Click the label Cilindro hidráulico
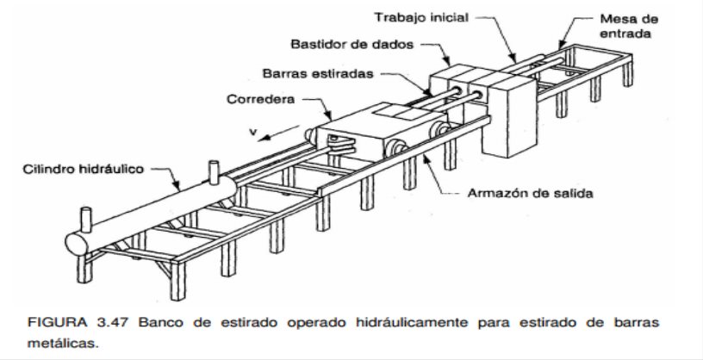click(x=84, y=169)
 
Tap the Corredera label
click(x=260, y=99)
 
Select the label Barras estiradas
click(x=318, y=73)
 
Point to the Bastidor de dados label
click(x=352, y=45)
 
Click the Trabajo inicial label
click(x=421, y=18)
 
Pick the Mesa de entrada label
click(x=629, y=26)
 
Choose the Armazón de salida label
click(x=530, y=193)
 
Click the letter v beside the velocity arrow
click(x=253, y=132)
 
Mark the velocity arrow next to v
click(x=279, y=133)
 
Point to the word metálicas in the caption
click(x=62, y=344)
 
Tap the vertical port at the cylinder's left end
click(x=85, y=220)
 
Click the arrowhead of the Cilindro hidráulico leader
click(x=177, y=187)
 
